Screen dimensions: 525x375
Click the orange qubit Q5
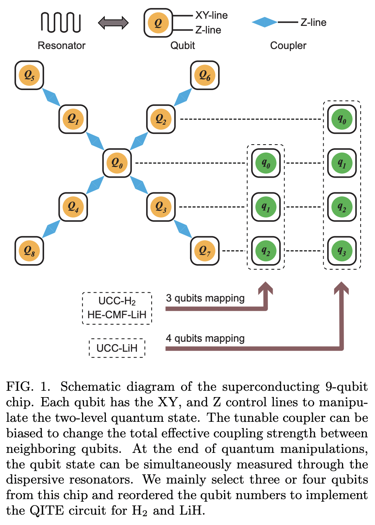[x=29, y=75]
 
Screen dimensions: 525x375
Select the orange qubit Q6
[x=205, y=75]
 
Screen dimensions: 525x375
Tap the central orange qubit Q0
[x=117, y=163]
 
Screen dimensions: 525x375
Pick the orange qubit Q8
[x=29, y=251]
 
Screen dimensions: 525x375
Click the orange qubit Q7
[x=205, y=251]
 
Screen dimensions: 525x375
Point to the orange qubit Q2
[x=161, y=119]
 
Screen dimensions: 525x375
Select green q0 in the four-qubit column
[x=342, y=119]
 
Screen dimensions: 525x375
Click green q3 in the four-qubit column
[x=342, y=251]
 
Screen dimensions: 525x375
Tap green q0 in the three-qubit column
[x=266, y=163]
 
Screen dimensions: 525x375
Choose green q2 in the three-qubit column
[x=266, y=251]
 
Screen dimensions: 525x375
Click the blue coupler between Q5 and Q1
[x=51, y=97]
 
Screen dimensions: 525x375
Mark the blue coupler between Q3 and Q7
[x=183, y=229]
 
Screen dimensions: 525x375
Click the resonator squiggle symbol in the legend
[x=61, y=22]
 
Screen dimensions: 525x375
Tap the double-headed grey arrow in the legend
[x=113, y=23]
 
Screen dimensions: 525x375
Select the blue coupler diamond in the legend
[x=264, y=22]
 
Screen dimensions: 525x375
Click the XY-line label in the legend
[x=211, y=16]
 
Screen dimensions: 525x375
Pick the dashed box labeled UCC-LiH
[x=117, y=348]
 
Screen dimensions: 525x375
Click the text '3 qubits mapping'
[x=205, y=298]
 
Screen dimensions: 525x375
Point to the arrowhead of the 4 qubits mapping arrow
[x=341, y=288]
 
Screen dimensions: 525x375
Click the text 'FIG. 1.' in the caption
[x=28, y=386]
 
